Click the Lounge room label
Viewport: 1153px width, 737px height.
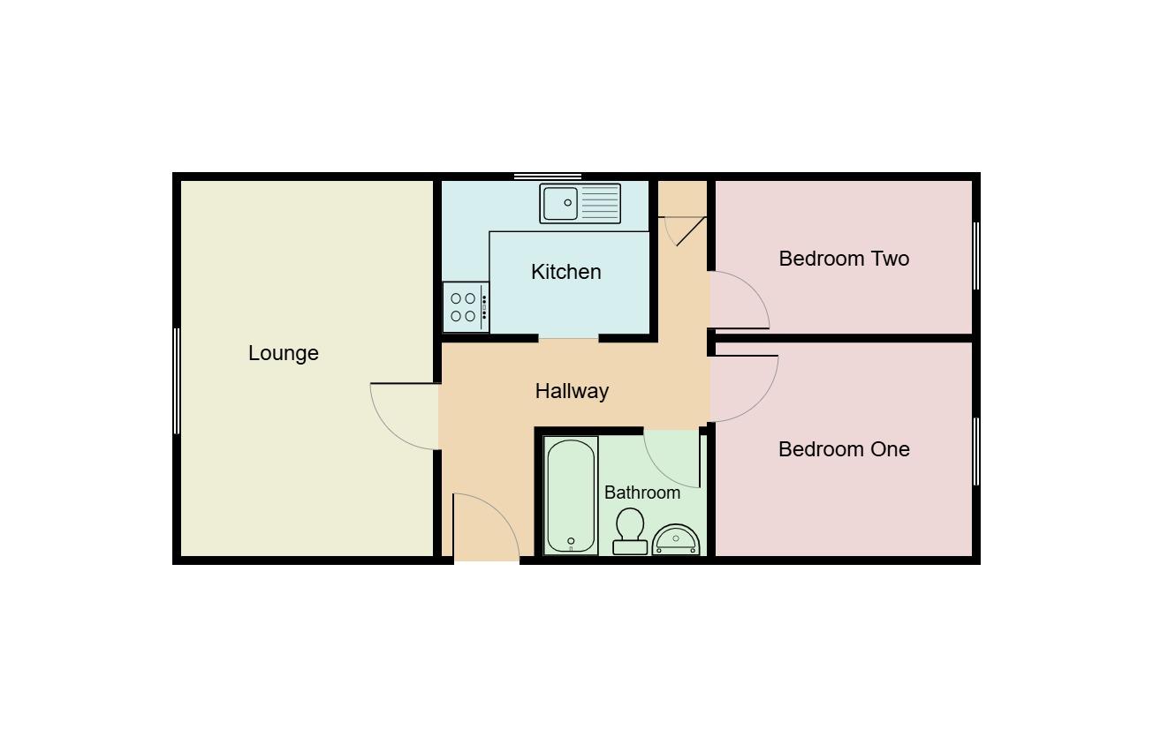283,353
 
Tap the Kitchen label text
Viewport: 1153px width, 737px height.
566,272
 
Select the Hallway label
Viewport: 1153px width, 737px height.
572,391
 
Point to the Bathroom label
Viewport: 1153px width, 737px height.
642,493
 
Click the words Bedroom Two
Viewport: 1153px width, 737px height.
844,259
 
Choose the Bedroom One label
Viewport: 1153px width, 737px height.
844,449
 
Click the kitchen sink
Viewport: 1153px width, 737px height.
580,203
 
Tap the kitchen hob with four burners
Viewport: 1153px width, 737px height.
465,307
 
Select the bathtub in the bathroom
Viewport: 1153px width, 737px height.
571,495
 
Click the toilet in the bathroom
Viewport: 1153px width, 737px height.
630,530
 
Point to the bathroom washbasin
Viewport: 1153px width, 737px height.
676,539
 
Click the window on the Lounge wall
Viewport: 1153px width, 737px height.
177,380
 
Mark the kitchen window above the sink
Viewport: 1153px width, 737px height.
548,177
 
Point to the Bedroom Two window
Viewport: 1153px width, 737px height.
976,255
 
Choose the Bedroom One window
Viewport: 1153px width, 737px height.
976,451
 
